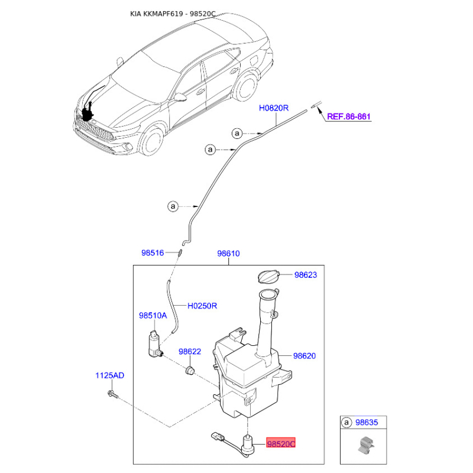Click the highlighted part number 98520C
280,444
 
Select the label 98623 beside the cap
306,275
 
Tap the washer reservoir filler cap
269,276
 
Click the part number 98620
304,356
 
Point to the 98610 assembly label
228,254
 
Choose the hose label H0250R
202,306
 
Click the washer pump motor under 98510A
155,344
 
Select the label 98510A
153,316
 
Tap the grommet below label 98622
190,370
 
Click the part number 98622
190,351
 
